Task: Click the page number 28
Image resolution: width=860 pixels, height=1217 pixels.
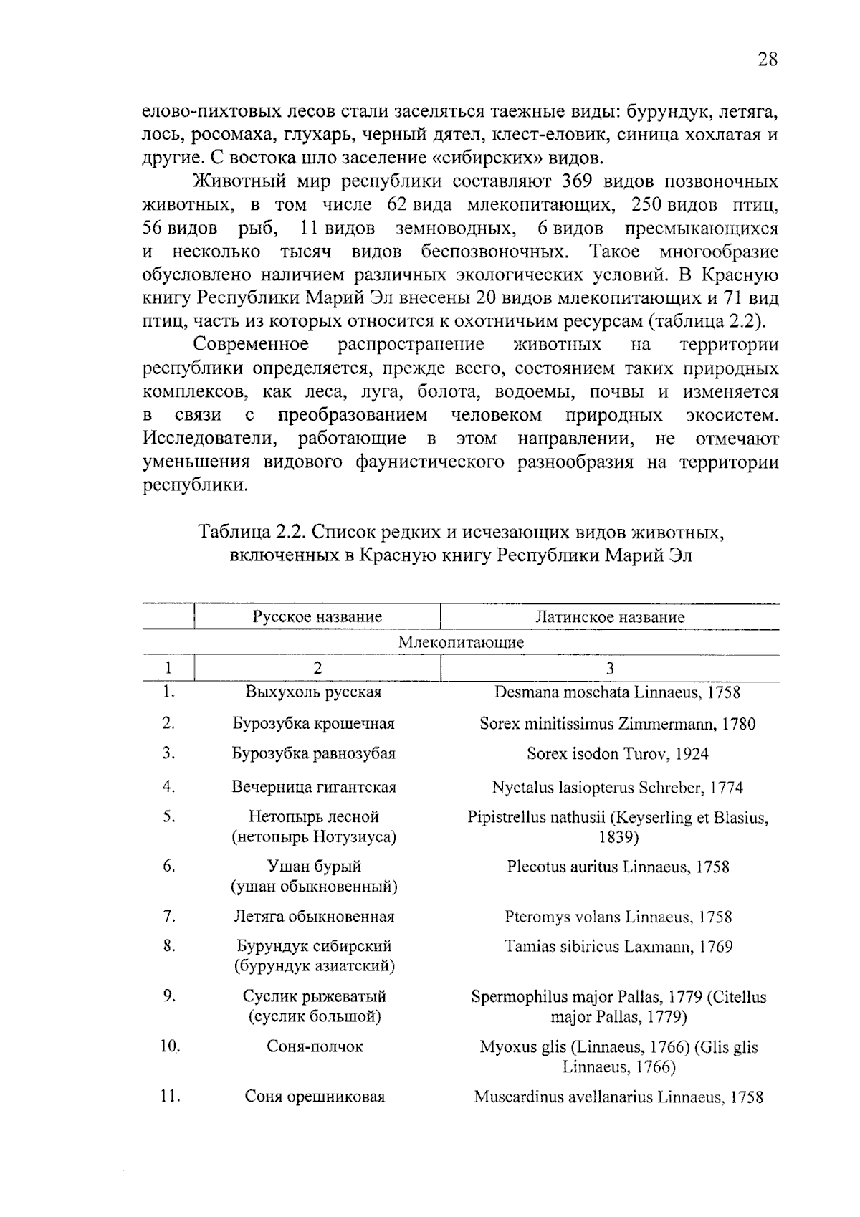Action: (x=767, y=59)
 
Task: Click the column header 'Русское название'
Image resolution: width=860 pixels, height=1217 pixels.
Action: (x=317, y=616)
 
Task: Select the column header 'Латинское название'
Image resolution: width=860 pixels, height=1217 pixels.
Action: (x=610, y=616)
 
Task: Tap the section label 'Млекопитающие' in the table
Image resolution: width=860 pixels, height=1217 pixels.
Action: (x=461, y=642)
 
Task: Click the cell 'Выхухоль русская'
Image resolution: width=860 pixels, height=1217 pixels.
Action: (x=313, y=692)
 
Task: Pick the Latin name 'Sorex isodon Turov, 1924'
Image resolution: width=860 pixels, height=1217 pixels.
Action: (x=617, y=753)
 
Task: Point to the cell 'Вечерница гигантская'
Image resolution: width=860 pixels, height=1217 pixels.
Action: (x=314, y=787)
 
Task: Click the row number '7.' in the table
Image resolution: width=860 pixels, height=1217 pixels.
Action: (x=169, y=916)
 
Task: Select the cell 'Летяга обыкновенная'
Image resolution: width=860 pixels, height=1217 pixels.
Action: (x=314, y=916)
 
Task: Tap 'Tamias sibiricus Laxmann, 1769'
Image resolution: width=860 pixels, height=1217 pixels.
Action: (x=618, y=947)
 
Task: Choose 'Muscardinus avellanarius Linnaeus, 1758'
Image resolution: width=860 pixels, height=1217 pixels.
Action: (x=618, y=1097)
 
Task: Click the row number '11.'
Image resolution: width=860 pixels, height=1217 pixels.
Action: (x=169, y=1097)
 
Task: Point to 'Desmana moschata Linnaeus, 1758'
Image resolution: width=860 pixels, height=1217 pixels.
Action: (x=617, y=692)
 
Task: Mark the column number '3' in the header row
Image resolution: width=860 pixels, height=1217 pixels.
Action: (x=610, y=668)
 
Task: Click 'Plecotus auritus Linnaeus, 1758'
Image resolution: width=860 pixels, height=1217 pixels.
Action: (x=618, y=867)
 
